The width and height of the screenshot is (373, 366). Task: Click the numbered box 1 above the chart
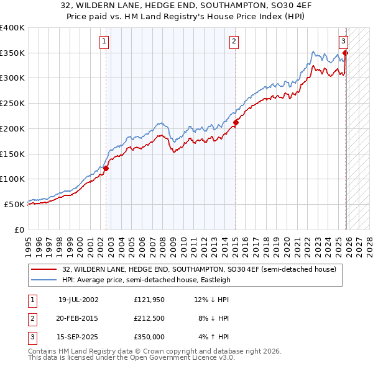point(103,42)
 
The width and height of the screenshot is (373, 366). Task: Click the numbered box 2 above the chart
point(234,42)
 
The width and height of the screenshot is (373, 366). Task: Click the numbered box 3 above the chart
point(343,42)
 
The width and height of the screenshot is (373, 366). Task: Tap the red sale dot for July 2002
point(106,167)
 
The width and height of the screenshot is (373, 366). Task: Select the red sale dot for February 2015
point(236,122)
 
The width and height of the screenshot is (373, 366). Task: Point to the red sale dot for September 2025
point(346,53)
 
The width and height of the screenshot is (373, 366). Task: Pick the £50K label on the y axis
point(15,203)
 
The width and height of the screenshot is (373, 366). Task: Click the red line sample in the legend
point(44,269)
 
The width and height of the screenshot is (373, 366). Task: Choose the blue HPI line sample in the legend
point(44,280)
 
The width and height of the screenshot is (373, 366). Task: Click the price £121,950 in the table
point(148,299)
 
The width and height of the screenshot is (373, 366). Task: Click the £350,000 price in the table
point(148,337)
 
